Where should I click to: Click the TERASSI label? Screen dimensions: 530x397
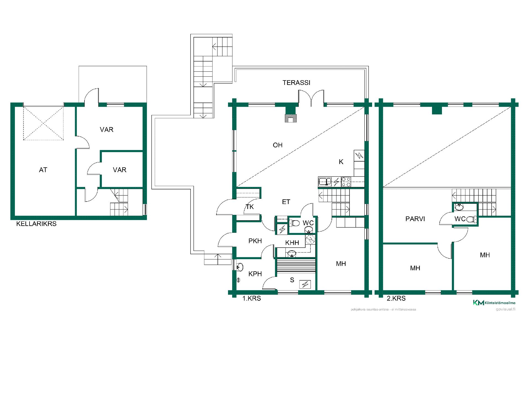pos(296,83)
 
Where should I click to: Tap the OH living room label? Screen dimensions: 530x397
pos(278,145)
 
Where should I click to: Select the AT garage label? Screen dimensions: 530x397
pos(43,170)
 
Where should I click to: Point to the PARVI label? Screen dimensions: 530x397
pos(415,219)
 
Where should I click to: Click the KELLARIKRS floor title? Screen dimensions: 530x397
pos(36,224)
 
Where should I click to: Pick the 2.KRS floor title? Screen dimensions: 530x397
pos(396,298)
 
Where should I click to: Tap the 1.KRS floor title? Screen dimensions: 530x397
pos(251,298)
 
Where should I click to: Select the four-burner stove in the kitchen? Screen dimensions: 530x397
pos(346,182)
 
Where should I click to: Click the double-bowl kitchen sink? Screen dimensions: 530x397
pos(325,182)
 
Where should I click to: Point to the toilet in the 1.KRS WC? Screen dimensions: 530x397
pos(294,223)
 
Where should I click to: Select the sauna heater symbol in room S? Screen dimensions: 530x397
pos(305,284)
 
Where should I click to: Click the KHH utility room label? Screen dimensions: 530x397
pos(292,243)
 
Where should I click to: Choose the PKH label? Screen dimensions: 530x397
pos(255,241)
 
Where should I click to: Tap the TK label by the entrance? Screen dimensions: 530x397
pos(250,207)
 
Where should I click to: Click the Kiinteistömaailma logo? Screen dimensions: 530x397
pos(494,303)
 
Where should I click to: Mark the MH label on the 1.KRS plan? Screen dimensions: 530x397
pos(341,264)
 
